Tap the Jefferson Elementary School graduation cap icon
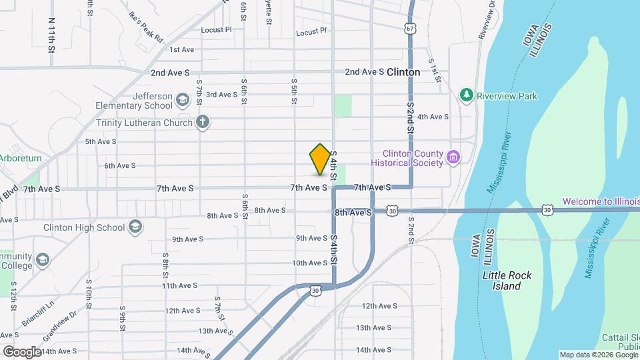181,101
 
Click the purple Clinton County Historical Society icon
454,157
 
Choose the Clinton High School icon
136,227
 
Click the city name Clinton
403,72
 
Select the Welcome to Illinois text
600,201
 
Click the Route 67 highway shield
410,28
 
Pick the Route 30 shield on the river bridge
547,210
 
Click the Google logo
22,351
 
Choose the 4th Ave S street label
433,117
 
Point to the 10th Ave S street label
309,263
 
